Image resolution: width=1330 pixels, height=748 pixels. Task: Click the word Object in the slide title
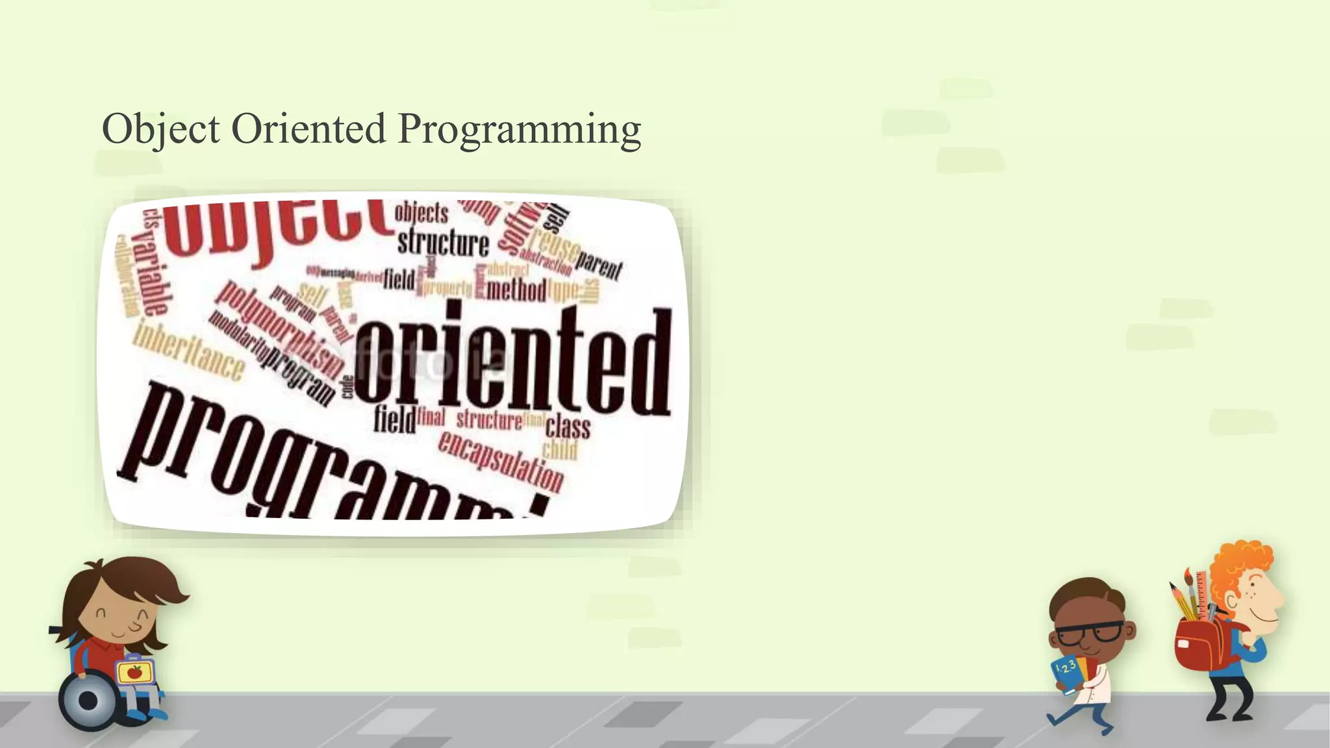tap(160, 129)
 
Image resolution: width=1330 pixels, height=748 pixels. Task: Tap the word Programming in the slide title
tap(519, 130)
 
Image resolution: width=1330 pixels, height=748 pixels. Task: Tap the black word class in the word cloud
tap(568, 427)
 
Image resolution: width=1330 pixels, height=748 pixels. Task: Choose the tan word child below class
tap(560, 449)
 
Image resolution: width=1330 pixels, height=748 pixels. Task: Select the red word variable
tap(152, 273)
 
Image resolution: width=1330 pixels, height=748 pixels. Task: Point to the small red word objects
tap(421, 212)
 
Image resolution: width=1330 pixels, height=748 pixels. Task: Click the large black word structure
tap(444, 243)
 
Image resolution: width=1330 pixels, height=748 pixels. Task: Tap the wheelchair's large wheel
tap(88, 701)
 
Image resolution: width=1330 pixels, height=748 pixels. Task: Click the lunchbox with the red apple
tap(135, 672)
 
